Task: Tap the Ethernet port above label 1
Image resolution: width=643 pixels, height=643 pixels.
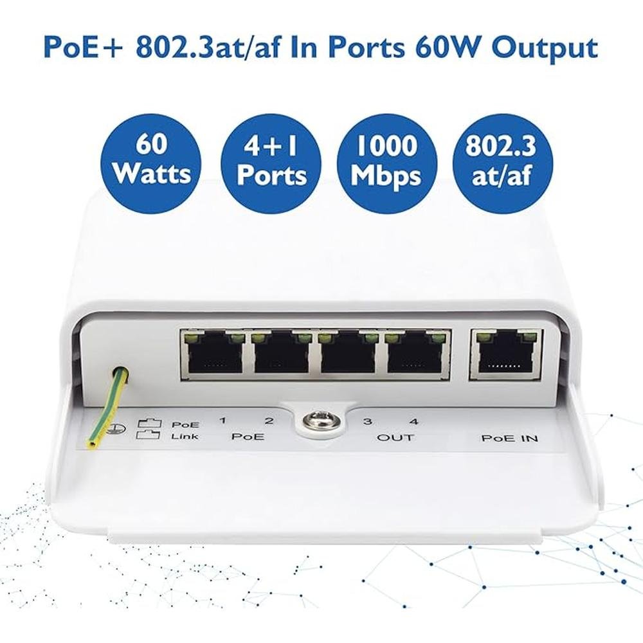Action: [213, 354]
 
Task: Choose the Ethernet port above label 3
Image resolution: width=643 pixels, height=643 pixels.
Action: [347, 354]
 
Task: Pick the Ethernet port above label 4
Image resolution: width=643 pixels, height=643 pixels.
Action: [415, 354]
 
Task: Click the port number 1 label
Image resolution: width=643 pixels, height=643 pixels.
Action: [222, 421]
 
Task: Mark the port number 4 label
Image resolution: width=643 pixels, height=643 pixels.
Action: [414, 422]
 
